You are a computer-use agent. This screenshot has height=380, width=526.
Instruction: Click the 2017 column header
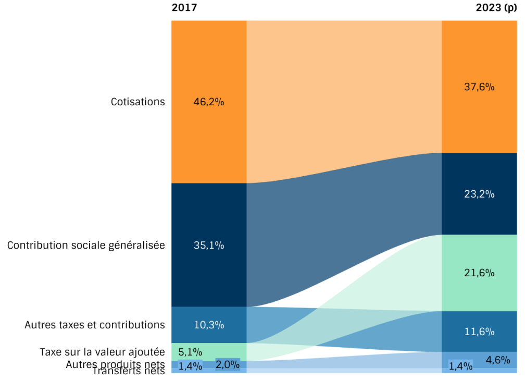tap(184, 8)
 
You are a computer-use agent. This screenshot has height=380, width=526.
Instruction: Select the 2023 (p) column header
tap(496, 8)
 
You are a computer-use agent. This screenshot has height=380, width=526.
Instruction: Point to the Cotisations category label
tap(137, 102)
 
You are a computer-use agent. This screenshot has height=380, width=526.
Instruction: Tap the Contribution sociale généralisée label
tap(86, 245)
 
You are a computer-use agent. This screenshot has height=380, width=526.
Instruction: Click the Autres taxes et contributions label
tap(95, 325)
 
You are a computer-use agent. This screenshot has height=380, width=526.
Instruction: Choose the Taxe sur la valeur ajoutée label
tap(102, 352)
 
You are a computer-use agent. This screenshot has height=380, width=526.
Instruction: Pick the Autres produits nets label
tap(115, 364)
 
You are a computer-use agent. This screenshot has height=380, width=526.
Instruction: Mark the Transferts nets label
tap(129, 371)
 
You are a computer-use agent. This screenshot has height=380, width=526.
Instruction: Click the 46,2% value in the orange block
tap(208, 102)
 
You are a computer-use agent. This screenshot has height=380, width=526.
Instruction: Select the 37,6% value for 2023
tap(479, 87)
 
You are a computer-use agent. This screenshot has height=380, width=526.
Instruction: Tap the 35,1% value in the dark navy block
tap(208, 245)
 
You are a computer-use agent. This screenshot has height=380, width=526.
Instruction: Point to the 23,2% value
tap(479, 194)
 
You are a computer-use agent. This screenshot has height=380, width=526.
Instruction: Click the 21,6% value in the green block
tap(479, 273)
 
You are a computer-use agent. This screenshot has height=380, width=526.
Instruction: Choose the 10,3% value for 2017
tap(208, 325)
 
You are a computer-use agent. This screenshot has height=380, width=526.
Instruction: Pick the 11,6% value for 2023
tap(479, 332)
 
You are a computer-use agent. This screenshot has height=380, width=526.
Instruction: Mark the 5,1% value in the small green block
tap(190, 352)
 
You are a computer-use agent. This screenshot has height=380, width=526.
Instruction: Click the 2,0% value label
tap(228, 364)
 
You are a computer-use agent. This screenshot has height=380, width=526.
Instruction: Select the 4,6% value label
tap(498, 359)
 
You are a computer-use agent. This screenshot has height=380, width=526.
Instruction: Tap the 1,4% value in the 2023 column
tap(460, 366)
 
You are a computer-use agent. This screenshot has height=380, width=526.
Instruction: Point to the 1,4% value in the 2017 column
tap(190, 366)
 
